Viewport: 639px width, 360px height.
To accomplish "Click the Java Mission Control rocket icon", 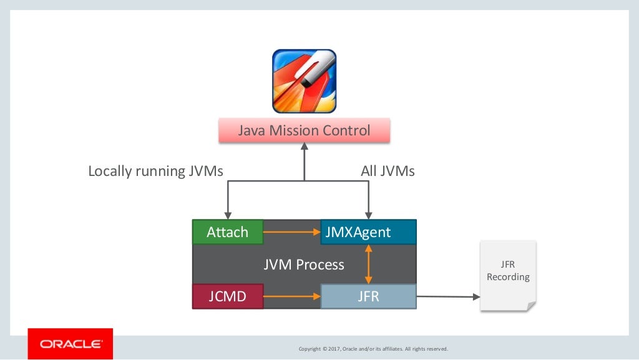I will (304, 81).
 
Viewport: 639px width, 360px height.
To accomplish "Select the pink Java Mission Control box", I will (304, 131).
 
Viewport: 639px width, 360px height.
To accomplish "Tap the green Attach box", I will (227, 232).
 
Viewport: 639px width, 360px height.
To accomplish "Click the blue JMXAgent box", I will (368, 232).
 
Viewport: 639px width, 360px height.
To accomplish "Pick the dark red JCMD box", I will (227, 296).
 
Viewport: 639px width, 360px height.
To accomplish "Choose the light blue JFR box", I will (368, 296).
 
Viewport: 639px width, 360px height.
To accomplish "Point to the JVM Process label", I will (303, 265).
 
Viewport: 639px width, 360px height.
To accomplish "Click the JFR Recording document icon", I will (508, 275).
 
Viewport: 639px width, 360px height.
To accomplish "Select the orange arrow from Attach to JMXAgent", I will (291, 232).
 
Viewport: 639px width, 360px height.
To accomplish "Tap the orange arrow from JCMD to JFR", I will (291, 296).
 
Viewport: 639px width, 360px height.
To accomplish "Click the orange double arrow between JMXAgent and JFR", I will (368, 264).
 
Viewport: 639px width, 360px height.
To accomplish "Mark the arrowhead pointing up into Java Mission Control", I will (305, 147).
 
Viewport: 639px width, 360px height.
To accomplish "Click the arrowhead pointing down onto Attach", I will (228, 215).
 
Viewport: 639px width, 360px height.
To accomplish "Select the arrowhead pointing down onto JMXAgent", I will (369, 215).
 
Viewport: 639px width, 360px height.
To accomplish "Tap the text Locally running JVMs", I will (155, 171).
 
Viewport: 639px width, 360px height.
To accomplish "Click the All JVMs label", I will (388, 171).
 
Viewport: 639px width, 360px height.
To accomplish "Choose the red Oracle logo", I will (71, 344).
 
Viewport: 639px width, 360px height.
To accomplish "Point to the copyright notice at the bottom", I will (373, 349).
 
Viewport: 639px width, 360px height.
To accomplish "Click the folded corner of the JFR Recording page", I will (530, 306).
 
